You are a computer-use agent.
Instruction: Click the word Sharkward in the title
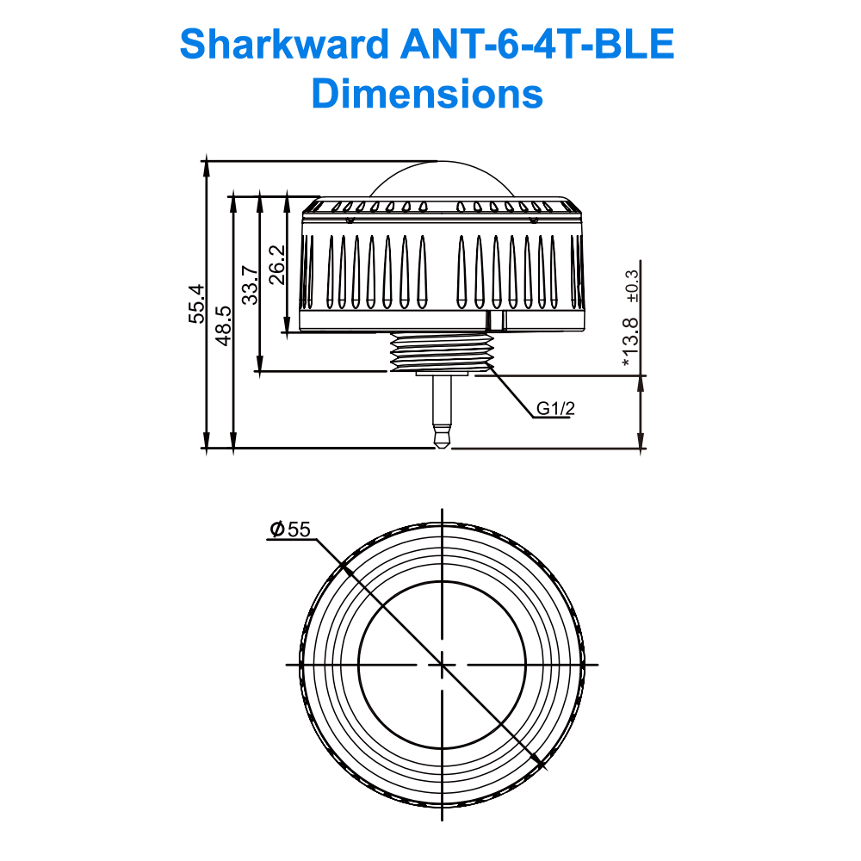pos(283,45)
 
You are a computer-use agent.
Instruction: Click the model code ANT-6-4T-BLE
pos(538,45)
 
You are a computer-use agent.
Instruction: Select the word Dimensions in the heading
pos(428,92)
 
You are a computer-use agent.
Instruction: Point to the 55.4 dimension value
pos(197,303)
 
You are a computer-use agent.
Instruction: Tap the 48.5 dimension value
pos(223,325)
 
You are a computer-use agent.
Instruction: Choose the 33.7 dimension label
pos(251,283)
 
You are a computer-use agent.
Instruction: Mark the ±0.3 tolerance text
pos(633,285)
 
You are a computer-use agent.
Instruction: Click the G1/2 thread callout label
pos(555,409)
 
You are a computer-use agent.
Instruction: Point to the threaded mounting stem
pos(440,352)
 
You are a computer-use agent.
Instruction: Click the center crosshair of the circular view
pos(442,665)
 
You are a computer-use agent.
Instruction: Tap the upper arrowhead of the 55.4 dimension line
pos(207,167)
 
